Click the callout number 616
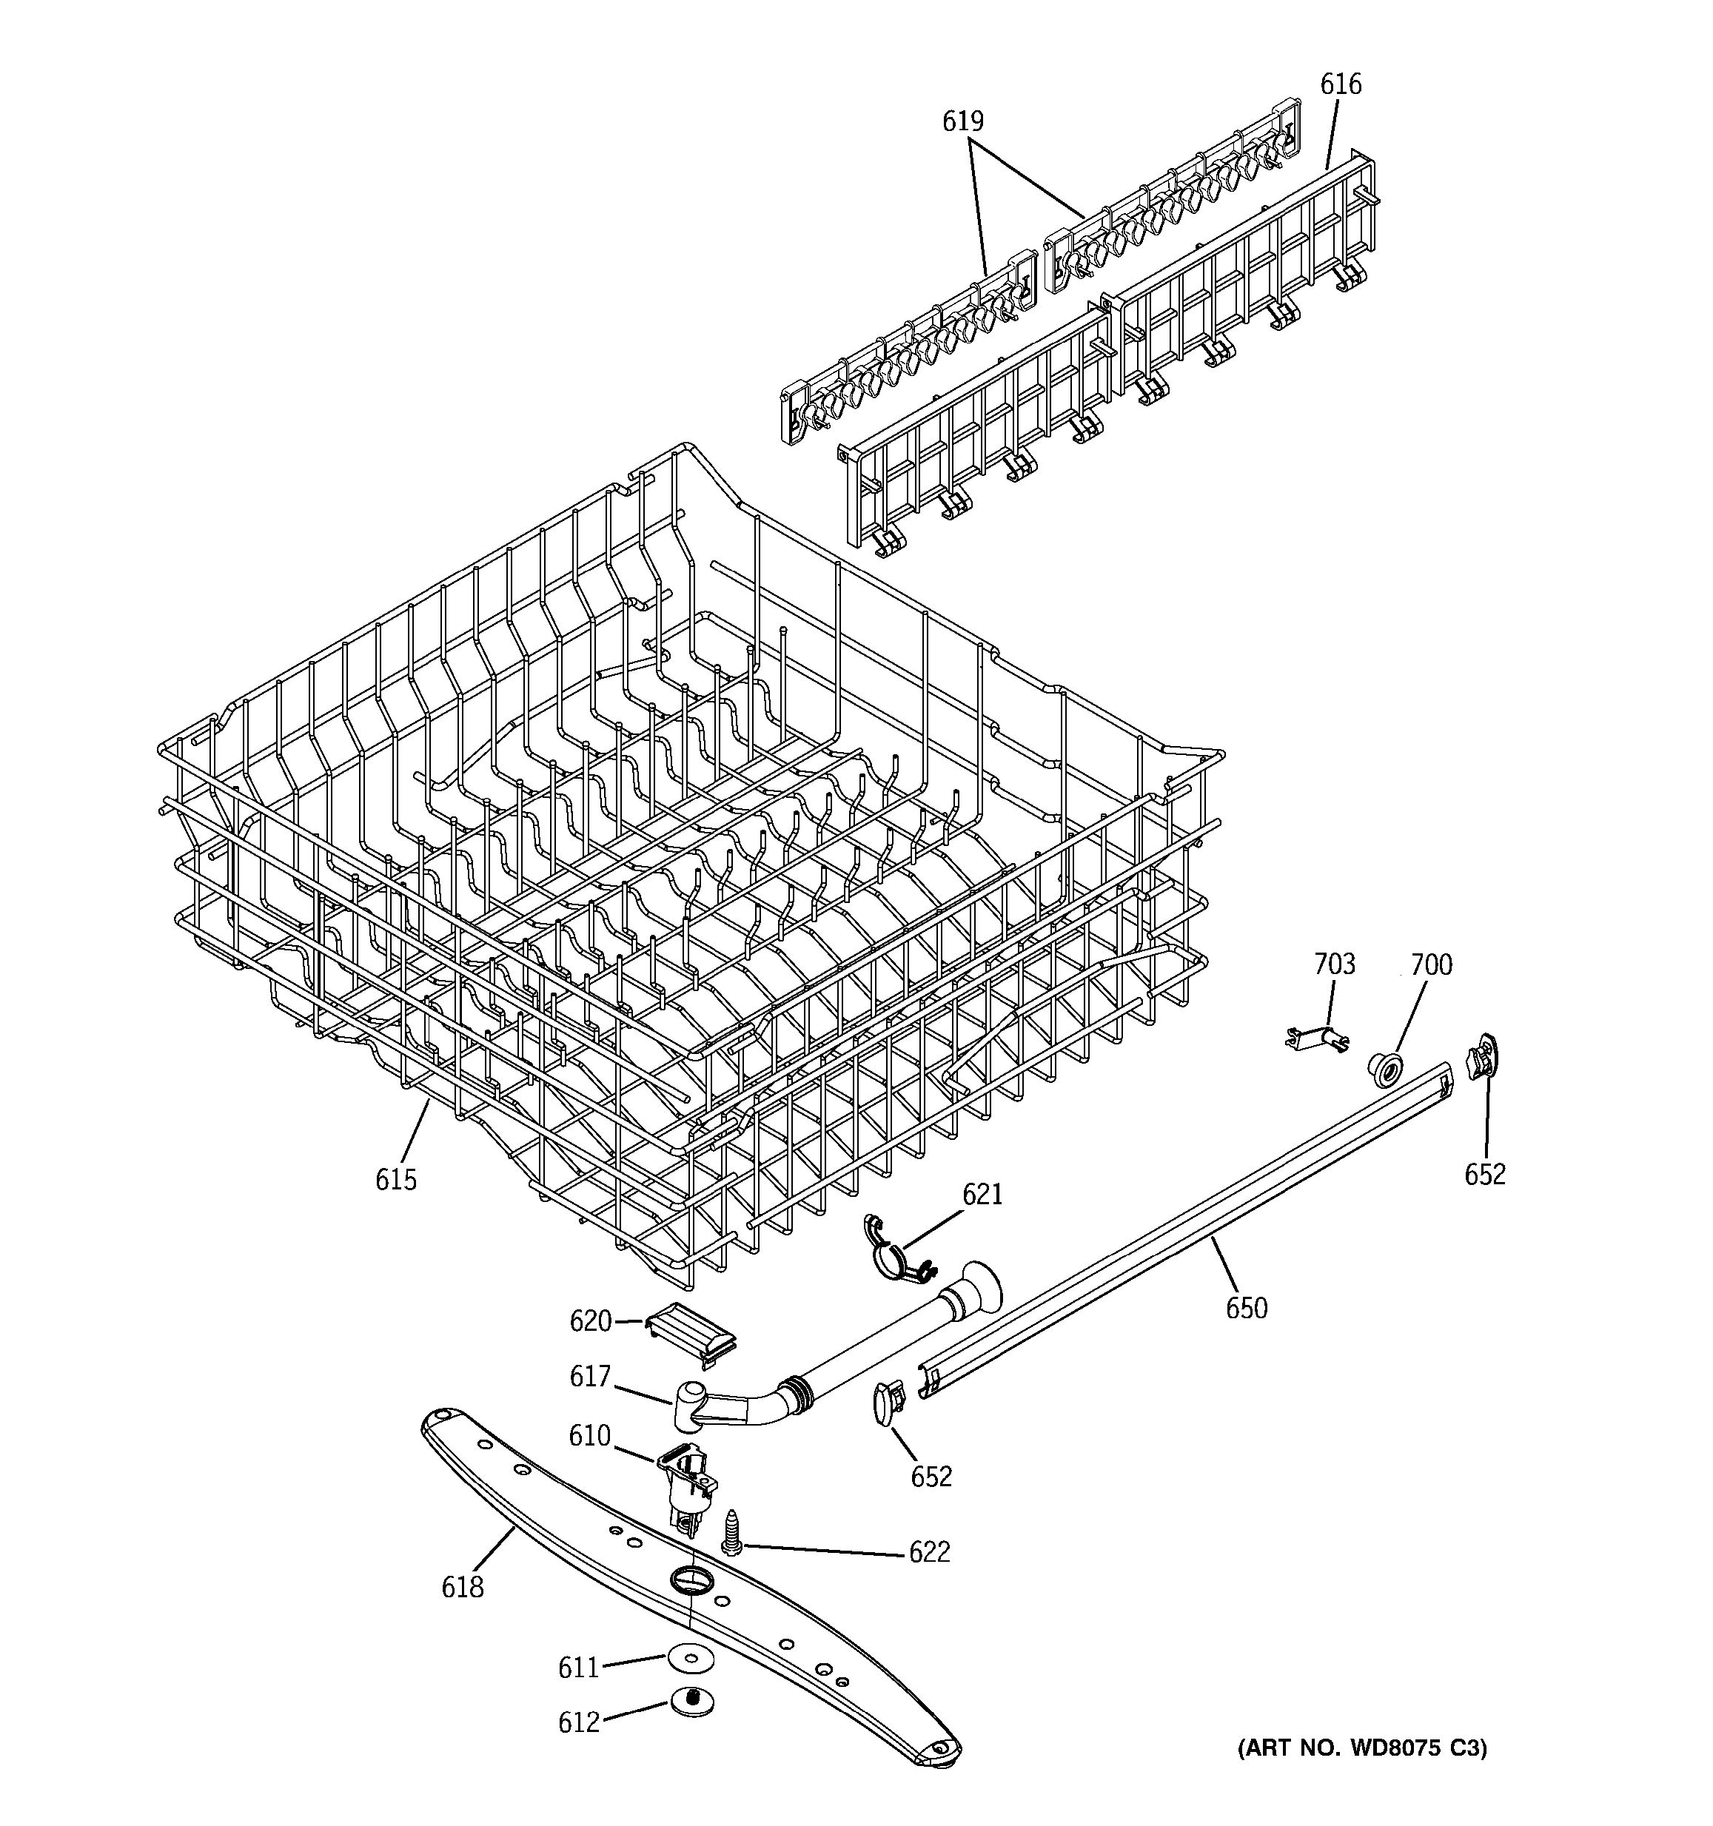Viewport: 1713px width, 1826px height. (x=1340, y=84)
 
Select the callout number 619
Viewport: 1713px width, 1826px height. (x=962, y=121)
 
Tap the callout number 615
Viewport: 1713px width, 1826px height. (x=396, y=1179)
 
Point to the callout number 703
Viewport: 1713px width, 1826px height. (x=1334, y=964)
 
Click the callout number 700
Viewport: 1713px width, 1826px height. (x=1431, y=964)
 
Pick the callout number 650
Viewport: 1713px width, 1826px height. (x=1247, y=1308)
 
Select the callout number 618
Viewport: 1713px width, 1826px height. (x=462, y=1586)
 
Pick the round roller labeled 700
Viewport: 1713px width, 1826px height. (x=1385, y=1070)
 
